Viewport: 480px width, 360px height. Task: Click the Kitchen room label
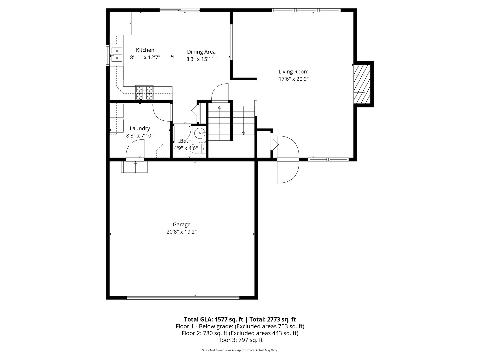pos(145,50)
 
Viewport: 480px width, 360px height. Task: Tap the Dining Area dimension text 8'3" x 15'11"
pos(201,59)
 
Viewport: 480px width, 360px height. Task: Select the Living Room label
pos(293,72)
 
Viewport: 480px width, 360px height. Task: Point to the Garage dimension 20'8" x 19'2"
pos(182,232)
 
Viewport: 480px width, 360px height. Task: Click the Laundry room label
pos(140,128)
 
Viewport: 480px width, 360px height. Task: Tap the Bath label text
pos(186,141)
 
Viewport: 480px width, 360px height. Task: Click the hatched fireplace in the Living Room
pos(362,84)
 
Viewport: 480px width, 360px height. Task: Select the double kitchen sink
pos(117,55)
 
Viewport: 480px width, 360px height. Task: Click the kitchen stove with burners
pos(144,93)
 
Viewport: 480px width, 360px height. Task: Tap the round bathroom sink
pos(200,134)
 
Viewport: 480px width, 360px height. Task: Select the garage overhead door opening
pos(183,298)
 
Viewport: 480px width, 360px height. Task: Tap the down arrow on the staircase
pos(243,133)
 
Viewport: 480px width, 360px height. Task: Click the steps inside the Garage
pos(135,167)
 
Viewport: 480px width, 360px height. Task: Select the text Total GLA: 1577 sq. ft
pos(213,319)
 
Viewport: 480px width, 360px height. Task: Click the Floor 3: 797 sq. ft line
pos(240,340)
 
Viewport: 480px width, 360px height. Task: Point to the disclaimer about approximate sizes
pos(240,350)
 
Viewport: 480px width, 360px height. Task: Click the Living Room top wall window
pos(306,10)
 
